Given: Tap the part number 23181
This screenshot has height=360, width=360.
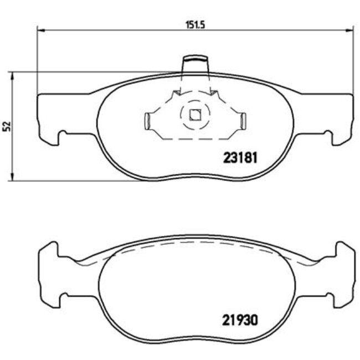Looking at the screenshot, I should pyautogui.click(x=241, y=157).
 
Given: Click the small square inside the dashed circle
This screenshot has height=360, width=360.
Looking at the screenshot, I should pyautogui.click(x=194, y=115).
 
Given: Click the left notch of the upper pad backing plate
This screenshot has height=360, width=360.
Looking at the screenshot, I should pyautogui.click(x=63, y=135).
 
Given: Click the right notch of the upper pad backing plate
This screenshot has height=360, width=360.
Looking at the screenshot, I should pyautogui.click(x=328, y=135).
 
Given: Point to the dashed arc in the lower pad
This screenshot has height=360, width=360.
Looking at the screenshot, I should pyautogui.click(x=194, y=243).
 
